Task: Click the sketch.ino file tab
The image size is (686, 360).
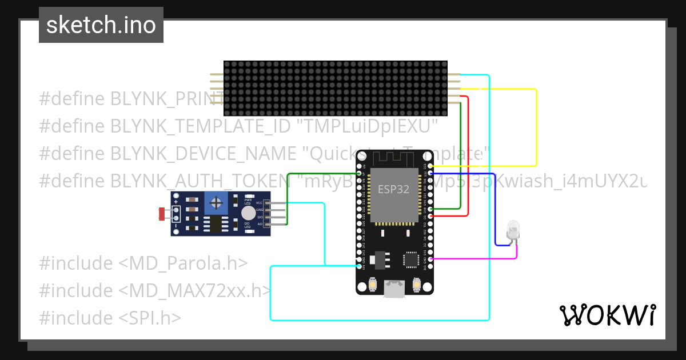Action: click(x=101, y=25)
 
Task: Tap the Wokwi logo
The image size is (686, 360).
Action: click(x=607, y=315)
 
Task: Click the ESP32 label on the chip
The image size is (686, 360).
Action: click(x=393, y=190)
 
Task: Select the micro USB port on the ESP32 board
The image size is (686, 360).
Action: click(x=394, y=289)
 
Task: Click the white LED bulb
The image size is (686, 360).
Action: click(x=513, y=231)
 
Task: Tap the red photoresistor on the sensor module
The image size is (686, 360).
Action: click(x=162, y=214)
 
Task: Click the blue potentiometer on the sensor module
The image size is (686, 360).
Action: click(x=216, y=203)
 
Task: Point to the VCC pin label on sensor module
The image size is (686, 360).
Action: click(x=259, y=203)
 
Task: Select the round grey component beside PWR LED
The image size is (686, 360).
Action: click(x=248, y=213)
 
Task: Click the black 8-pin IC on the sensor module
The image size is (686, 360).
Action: click(x=216, y=224)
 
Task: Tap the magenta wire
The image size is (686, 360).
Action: click(x=474, y=259)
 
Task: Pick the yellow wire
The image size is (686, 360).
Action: click(x=536, y=126)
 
